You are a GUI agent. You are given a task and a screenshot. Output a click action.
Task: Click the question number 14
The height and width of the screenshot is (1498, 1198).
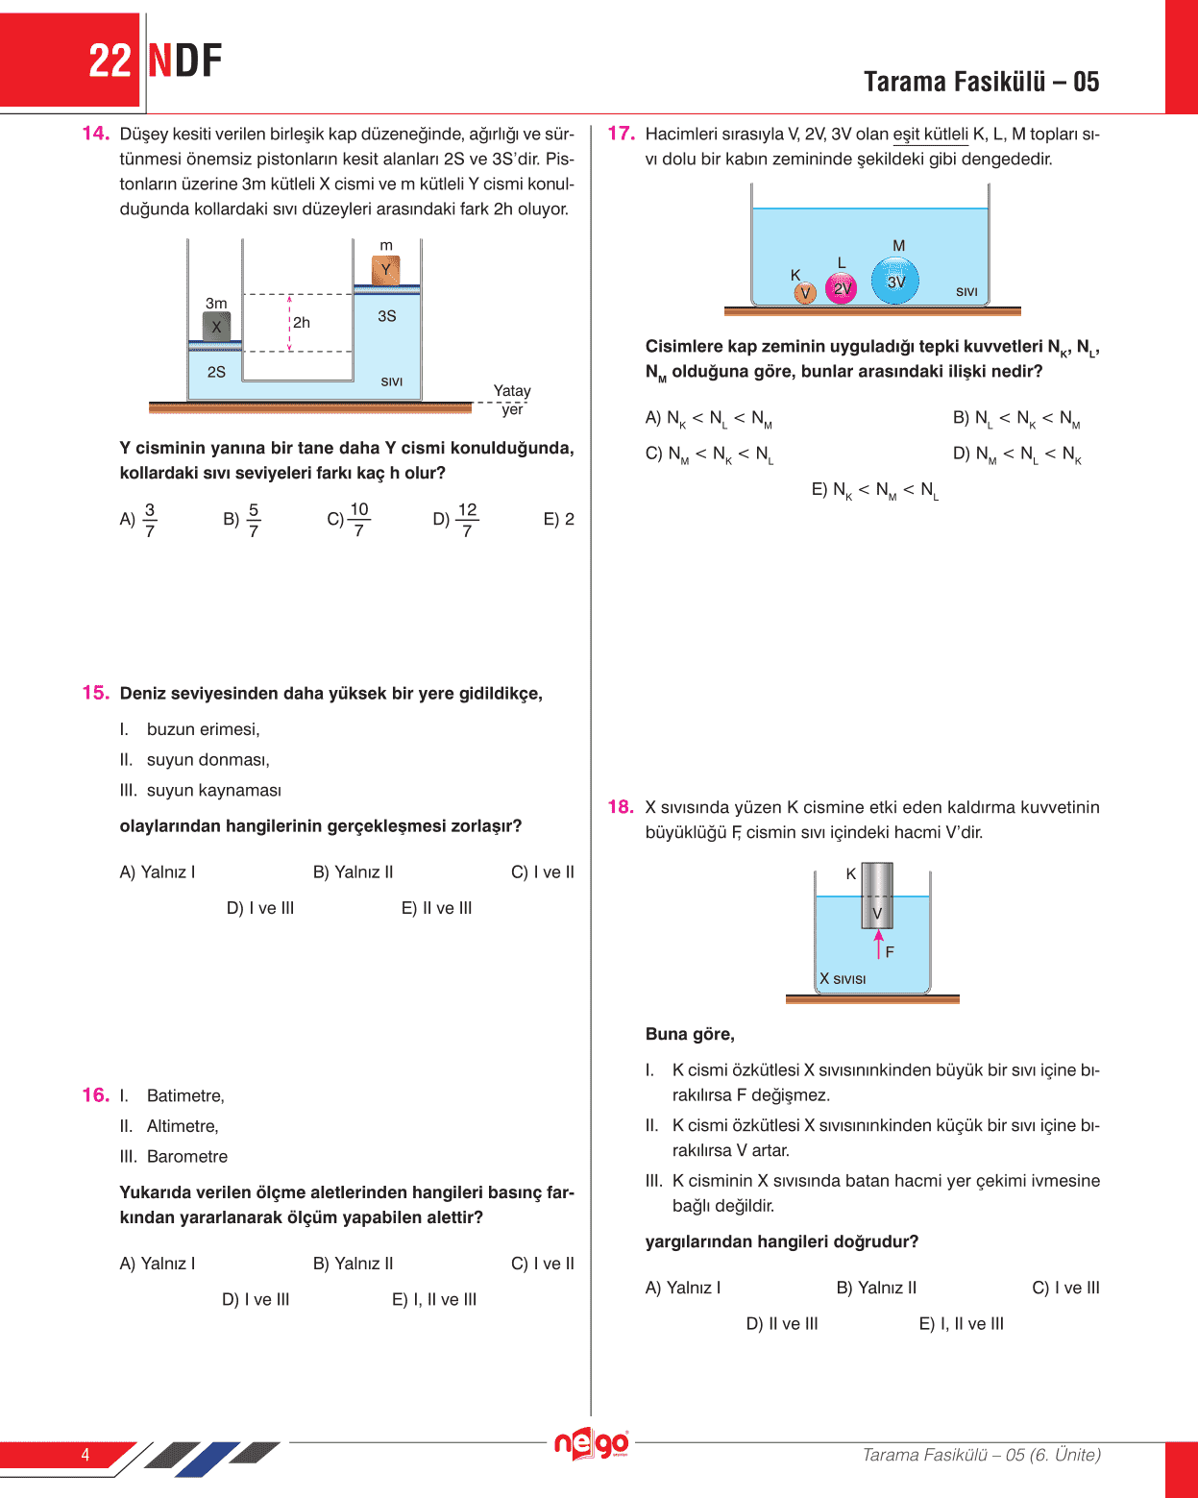95,134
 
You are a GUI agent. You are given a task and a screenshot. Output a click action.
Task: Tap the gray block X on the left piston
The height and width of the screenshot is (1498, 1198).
216,326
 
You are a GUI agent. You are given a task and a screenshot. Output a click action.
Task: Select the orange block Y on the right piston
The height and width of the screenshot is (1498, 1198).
385,270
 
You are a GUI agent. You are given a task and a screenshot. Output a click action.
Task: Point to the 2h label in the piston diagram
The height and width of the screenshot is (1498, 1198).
302,323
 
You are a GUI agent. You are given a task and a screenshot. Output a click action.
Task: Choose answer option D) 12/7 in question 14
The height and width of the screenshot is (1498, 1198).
456,520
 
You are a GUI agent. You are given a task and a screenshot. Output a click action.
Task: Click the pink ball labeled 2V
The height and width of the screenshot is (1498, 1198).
842,288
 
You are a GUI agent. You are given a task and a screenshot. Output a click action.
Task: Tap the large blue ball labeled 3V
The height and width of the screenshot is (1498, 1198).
895,282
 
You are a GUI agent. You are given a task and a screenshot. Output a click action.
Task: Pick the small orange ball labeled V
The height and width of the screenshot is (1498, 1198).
805,292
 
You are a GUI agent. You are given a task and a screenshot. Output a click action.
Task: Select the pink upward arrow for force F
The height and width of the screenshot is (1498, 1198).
878,944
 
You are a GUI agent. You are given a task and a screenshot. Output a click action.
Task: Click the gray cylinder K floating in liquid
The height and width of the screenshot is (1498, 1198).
877,895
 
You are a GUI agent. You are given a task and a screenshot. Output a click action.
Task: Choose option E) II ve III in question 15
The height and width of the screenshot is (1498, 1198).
436,908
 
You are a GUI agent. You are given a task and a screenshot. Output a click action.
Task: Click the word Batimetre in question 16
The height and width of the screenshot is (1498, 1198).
185,1096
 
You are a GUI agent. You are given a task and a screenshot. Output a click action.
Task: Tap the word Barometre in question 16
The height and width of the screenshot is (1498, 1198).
187,1157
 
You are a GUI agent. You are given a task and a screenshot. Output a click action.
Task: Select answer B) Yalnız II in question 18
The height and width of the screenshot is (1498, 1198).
876,1288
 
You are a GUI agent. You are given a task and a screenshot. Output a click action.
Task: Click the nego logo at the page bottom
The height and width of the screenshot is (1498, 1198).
591,1443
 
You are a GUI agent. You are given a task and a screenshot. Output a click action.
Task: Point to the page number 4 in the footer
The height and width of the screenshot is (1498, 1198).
86,1455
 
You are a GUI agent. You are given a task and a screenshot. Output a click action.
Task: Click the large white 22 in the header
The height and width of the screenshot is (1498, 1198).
110,61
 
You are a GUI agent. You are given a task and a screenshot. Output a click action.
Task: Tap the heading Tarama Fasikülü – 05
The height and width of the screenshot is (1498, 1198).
981,82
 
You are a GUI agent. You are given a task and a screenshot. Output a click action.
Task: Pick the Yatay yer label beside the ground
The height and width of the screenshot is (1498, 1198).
512,400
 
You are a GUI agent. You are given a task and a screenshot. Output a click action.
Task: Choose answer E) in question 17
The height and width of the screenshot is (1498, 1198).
874,490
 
